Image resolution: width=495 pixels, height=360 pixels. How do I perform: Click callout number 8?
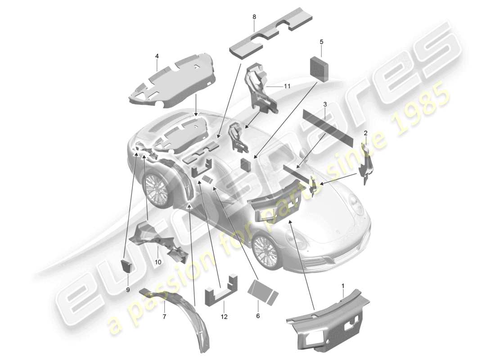254,17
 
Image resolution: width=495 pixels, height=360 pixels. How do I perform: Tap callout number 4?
157,56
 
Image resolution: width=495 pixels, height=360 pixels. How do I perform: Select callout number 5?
321,42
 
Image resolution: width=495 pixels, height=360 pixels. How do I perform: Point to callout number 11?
287,86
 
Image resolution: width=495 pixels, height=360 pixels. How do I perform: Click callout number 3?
325,104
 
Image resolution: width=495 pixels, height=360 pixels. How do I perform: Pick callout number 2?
365,133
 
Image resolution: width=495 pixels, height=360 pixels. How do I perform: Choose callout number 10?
158,262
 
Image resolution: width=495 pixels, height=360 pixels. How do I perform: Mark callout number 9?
128,290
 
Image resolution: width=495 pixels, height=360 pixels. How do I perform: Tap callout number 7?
164,316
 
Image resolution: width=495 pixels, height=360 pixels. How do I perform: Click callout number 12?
224,317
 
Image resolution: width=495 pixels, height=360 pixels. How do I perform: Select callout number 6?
258,315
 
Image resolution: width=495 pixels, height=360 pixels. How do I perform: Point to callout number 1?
343,286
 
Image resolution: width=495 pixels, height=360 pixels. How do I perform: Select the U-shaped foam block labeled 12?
221,291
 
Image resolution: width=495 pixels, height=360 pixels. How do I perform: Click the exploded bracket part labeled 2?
366,162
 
